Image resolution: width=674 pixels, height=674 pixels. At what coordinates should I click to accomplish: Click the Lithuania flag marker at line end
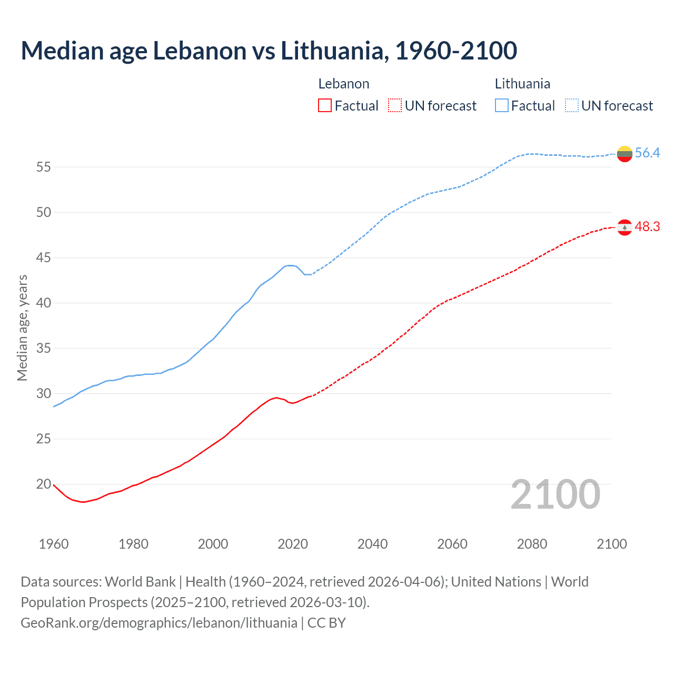pos(625,154)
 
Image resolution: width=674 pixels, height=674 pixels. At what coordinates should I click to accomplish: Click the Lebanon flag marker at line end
pos(625,227)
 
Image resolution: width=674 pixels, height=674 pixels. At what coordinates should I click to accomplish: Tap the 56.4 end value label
pos(647,153)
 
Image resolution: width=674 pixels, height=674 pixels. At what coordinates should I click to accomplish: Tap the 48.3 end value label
pos(647,227)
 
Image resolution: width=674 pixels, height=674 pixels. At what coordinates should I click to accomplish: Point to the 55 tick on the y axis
pos(44,167)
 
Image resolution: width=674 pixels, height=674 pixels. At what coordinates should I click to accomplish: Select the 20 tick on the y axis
pos(44,484)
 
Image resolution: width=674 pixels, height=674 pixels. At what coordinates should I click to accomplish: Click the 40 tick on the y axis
pos(44,303)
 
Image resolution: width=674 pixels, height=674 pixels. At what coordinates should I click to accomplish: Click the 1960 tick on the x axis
pos(54,544)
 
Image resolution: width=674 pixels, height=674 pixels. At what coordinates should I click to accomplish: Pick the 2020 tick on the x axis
pos(293,544)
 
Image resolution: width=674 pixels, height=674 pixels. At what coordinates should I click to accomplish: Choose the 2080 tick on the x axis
pos(532,544)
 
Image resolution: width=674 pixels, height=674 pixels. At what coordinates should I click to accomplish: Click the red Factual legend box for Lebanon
pos(325,106)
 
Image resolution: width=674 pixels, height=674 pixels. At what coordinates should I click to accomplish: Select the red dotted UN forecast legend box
pos(395,106)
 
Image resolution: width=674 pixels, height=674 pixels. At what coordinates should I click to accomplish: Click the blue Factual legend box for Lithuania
pos(502,106)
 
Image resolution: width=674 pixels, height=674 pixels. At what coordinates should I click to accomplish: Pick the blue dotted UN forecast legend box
pos(572,106)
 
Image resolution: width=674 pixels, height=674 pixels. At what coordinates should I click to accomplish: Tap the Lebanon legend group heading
pos(344,84)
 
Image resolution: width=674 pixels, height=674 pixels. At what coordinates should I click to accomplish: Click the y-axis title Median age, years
pos(22,328)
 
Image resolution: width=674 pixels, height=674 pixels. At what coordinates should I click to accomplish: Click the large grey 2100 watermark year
pos(556,494)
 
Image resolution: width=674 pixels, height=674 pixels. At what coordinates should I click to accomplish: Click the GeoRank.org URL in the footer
pos(159,623)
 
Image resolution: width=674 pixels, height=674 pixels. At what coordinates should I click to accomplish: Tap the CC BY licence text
pos(326,623)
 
